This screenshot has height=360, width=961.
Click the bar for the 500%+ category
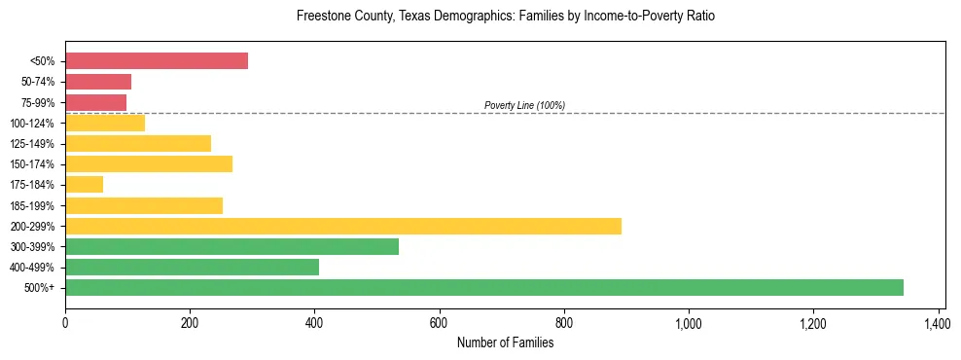[x=484, y=287]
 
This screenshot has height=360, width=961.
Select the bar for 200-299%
[x=343, y=226]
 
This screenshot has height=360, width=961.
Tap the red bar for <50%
[x=157, y=60]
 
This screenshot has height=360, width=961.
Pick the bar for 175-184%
[x=85, y=184]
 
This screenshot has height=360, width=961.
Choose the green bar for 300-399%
[x=232, y=246]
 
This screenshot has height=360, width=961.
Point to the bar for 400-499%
[x=193, y=267]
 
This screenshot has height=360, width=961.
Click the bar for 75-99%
[x=96, y=102]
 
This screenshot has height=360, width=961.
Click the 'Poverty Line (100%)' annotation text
[x=524, y=105]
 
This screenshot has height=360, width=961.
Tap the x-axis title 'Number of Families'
[x=505, y=342]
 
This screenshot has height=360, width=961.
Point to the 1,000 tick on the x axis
[x=689, y=321]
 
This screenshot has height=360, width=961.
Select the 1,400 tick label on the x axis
[x=938, y=321]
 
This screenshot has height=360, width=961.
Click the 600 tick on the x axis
[x=440, y=321]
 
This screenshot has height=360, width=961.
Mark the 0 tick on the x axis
[x=65, y=321]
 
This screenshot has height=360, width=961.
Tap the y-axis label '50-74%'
[x=37, y=82]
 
